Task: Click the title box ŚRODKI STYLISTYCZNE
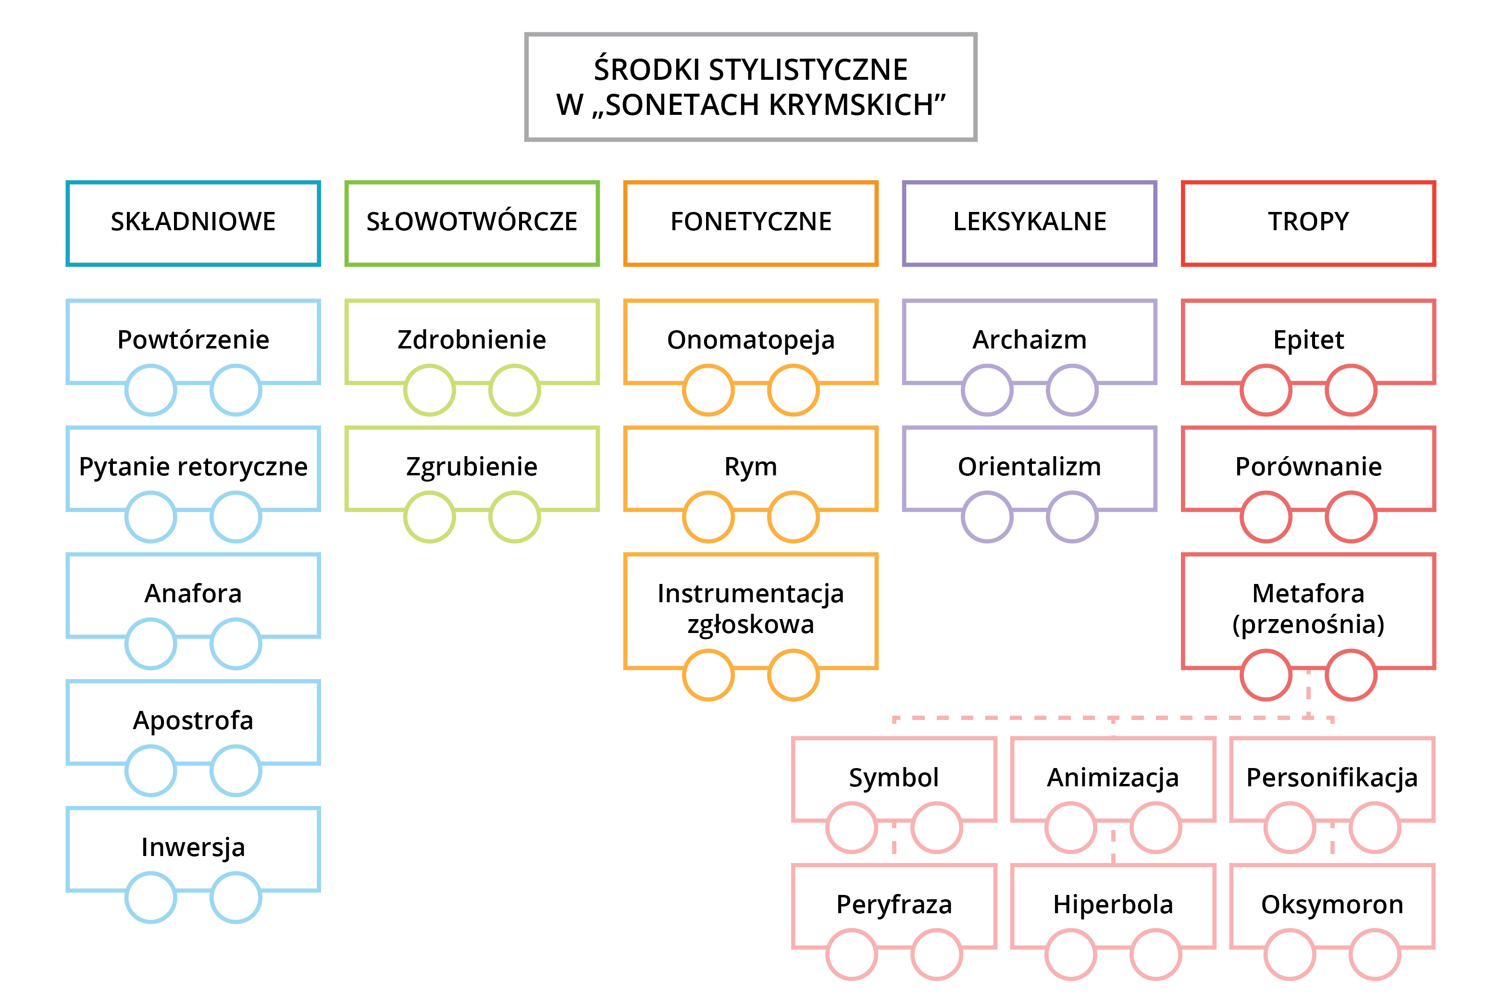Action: point(750,87)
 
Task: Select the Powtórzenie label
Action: point(193,340)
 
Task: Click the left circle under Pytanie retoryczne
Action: point(150,517)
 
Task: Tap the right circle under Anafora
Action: point(236,644)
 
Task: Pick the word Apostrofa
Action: point(193,720)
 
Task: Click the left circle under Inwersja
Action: point(150,897)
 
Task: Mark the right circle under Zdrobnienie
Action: point(515,390)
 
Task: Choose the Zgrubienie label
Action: point(472,467)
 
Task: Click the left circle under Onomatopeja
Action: point(708,390)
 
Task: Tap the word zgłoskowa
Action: point(750,624)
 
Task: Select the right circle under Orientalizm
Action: point(1072,517)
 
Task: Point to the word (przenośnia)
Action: point(1308,624)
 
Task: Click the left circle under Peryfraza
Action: point(852,955)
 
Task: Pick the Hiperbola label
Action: point(1113,905)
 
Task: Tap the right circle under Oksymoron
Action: point(1375,955)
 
